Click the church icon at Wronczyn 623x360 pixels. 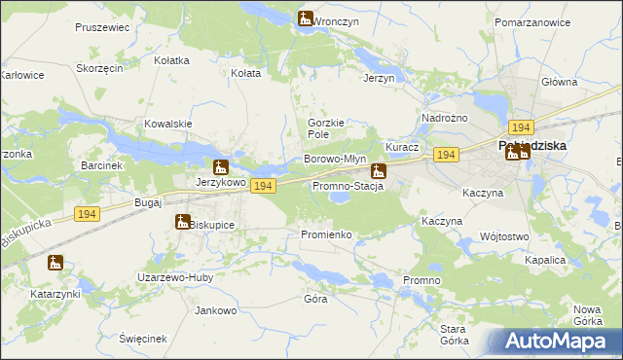tap(305, 18)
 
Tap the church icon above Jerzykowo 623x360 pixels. tap(221, 166)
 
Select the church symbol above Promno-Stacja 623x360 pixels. tap(378, 171)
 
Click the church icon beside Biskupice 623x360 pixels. tap(182, 222)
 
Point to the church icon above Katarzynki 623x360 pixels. tap(55, 262)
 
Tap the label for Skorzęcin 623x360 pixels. tap(99, 68)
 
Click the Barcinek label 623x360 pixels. tap(102, 165)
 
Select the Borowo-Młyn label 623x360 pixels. tap(334, 159)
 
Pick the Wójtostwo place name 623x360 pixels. tap(504, 236)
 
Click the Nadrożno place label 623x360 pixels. tap(444, 118)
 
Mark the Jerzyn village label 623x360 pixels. tap(379, 78)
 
